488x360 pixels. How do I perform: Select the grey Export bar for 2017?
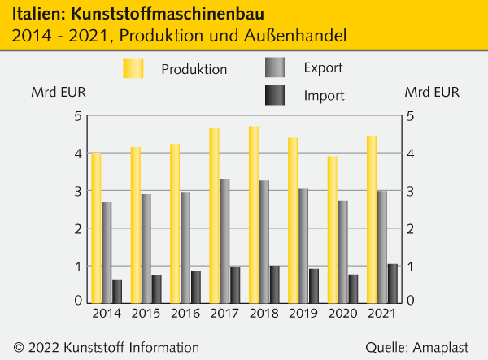pyautogui.click(x=224, y=240)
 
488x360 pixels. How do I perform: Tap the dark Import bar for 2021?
pyautogui.click(x=393, y=282)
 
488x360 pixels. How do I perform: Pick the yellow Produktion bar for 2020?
pyautogui.click(x=333, y=228)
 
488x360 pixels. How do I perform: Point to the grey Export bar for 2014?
pyautogui.click(x=107, y=251)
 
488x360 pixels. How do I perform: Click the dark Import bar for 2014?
pyautogui.click(x=117, y=290)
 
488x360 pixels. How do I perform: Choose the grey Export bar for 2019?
pyautogui.click(x=303, y=245)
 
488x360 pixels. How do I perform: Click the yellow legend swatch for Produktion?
pyautogui.click(x=133, y=69)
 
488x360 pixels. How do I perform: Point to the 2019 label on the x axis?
pyautogui.click(x=303, y=313)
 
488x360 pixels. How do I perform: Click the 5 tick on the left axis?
pyautogui.click(x=78, y=116)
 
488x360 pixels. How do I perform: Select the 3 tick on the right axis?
pyautogui.click(x=411, y=191)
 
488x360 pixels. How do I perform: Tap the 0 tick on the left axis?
pyautogui.click(x=78, y=301)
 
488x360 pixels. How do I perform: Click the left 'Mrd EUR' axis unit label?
pyautogui.click(x=54, y=92)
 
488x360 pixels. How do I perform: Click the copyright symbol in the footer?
pyautogui.click(x=19, y=347)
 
